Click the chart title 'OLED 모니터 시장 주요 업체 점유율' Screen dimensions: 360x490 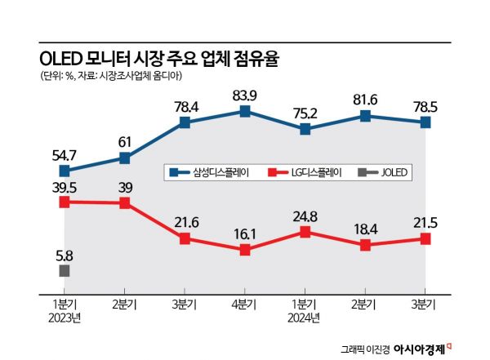[164, 59]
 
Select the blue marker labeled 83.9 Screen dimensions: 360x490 [245, 110]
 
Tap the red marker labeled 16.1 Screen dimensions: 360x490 [245, 250]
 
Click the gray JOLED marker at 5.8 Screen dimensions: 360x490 [65, 270]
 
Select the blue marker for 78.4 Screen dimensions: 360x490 [185, 122]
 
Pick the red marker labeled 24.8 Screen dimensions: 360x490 [305, 232]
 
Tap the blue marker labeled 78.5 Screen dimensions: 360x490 [425, 122]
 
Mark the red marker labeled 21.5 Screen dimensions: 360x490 [425, 238]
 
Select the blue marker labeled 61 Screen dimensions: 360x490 [125, 157]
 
